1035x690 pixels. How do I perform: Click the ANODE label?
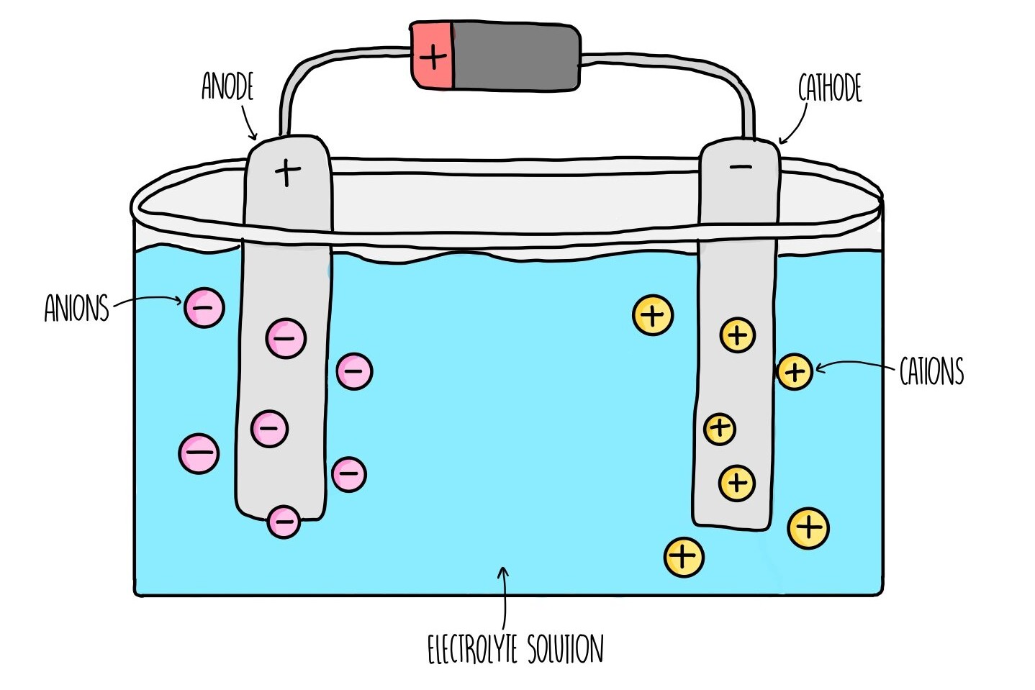tap(227, 86)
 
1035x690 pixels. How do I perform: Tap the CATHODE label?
tap(830, 88)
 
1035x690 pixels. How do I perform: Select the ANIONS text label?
tap(76, 308)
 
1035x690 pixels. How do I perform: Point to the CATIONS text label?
tap(931, 372)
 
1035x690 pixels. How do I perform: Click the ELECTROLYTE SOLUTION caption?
tap(515, 649)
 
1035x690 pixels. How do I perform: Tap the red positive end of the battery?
tap(432, 57)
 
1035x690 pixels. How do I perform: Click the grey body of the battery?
tap(515, 57)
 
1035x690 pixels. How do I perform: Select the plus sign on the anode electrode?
tap(288, 173)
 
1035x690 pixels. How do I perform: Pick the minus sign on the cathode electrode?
tap(741, 168)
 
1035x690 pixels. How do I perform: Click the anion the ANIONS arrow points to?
tap(204, 308)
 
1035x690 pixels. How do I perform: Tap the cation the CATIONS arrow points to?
tap(795, 372)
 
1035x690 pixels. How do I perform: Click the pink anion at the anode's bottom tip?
tap(284, 522)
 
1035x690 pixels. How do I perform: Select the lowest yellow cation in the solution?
tap(683, 556)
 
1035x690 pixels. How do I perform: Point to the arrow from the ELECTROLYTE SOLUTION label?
tap(504, 597)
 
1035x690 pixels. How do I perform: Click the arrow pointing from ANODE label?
tap(248, 122)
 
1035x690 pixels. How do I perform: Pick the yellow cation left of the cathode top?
tap(653, 315)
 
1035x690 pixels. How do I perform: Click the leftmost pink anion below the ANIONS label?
tap(199, 453)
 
